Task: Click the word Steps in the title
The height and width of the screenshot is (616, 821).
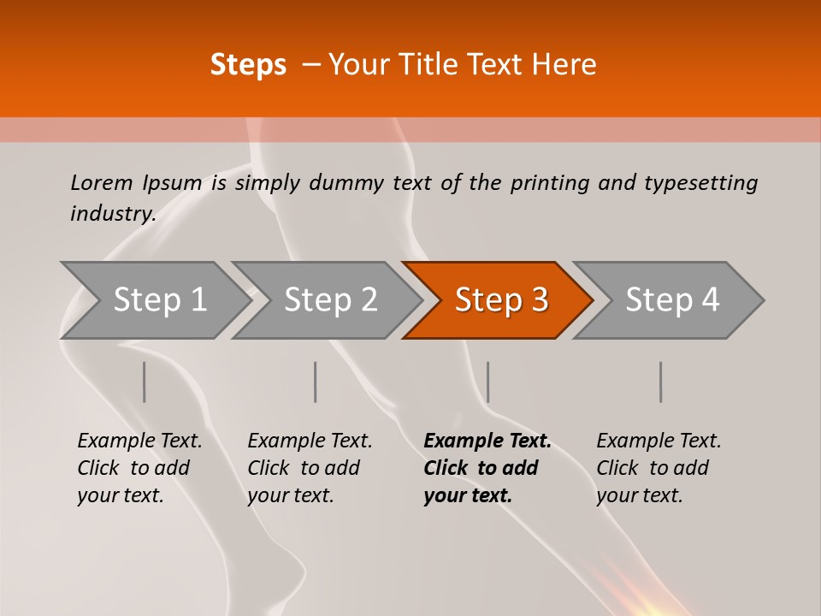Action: click(248, 65)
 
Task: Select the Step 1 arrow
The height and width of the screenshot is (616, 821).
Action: click(159, 300)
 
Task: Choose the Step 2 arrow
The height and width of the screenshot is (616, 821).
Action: click(330, 300)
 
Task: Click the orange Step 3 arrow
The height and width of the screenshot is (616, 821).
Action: click(500, 300)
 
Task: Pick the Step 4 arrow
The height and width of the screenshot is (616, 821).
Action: click(671, 300)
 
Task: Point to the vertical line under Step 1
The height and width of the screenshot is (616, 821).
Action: click(145, 382)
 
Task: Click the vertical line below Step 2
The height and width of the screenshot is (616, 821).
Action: click(316, 382)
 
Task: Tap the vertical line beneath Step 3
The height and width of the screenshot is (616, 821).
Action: click(488, 382)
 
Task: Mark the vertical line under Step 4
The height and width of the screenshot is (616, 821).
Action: click(661, 382)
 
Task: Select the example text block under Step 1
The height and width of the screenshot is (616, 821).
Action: click(139, 468)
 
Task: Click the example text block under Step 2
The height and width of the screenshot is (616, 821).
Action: click(310, 468)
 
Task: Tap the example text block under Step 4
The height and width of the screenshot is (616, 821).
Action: click(659, 468)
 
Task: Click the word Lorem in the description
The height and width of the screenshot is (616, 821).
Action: click(102, 182)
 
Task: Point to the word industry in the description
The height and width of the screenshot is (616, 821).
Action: click(113, 214)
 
